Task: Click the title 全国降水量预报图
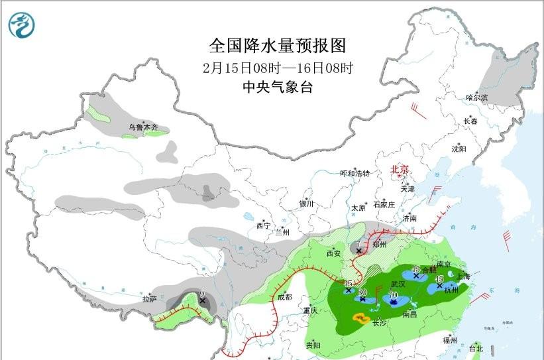pyautogui.click(x=278, y=46)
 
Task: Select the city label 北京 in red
pyautogui.click(x=400, y=169)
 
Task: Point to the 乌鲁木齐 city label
pyautogui.click(x=143, y=126)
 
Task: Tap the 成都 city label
pyautogui.click(x=284, y=296)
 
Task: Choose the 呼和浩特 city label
pyautogui.click(x=354, y=173)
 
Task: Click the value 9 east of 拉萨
pyautogui.click(x=201, y=294)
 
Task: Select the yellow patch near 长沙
pyautogui.click(x=361, y=319)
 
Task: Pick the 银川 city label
pyautogui.click(x=305, y=204)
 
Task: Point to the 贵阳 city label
pyautogui.click(x=313, y=345)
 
